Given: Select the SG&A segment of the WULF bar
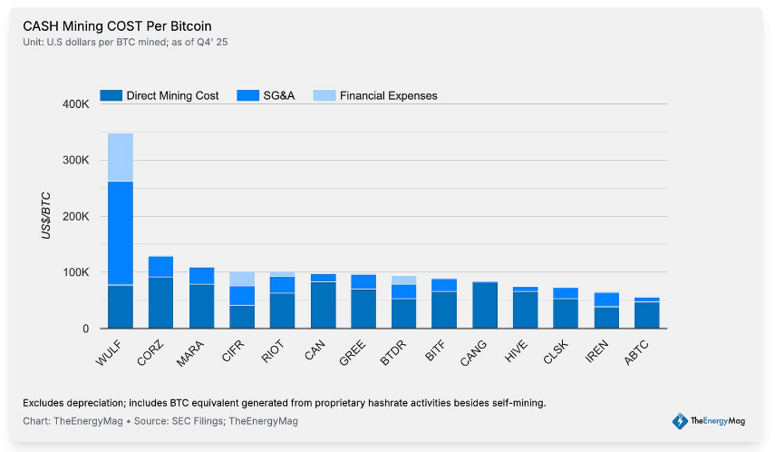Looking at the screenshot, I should pos(121,232).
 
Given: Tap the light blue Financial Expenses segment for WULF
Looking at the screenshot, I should pos(121,157).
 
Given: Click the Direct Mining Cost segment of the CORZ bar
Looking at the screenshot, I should pos(160,302).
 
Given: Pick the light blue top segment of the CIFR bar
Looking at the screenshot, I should pos(242,279).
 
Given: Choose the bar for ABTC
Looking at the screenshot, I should pos(646,313).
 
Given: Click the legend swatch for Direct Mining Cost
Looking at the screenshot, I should pos(110,95).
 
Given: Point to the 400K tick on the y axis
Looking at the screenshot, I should pos(75,104).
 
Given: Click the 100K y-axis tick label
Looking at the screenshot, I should pos(75,272).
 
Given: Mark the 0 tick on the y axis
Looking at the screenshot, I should pos(84,329).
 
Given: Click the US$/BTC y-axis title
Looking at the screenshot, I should pos(44,216).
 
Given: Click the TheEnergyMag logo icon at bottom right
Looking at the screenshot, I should pos(679,420).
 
